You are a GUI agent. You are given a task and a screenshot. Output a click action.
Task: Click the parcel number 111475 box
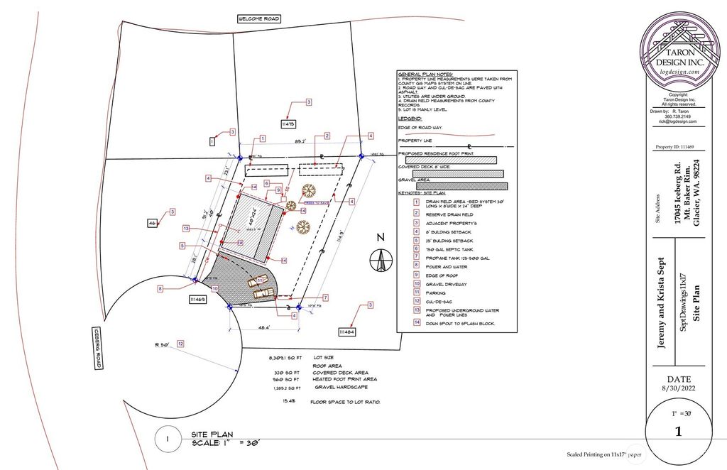click(288, 124)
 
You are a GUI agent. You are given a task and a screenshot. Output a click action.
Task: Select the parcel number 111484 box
click(347, 332)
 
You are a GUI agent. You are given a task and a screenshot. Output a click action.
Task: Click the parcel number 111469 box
click(197, 301)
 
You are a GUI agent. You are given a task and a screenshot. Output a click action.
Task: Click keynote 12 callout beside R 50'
click(180, 344)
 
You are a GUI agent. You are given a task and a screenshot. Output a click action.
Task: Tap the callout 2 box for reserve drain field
click(327, 136)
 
